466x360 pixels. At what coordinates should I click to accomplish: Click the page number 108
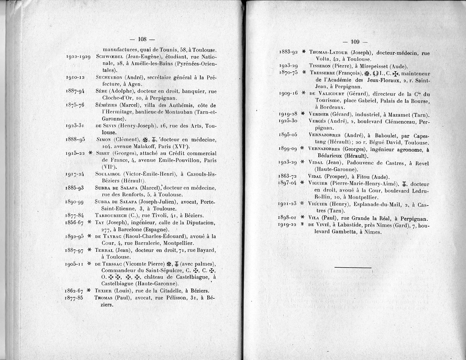141,39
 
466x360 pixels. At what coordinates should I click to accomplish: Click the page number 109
355,42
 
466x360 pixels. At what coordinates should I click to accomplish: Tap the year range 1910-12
76,77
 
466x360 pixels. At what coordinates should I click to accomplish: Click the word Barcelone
130,229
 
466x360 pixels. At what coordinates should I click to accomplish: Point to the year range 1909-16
288,93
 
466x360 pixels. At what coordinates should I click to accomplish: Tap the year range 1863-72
287,176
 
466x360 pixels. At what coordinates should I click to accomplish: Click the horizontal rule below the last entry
353,268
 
